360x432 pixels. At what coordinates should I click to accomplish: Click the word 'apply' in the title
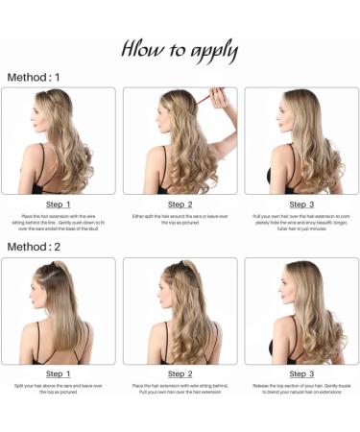pos(205,51)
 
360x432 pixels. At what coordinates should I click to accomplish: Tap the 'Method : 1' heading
pos(34,77)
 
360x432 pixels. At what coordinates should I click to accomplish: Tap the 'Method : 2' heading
pos(34,247)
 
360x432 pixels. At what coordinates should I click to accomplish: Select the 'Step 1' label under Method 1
pos(59,204)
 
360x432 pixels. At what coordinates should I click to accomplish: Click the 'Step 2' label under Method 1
pos(180,204)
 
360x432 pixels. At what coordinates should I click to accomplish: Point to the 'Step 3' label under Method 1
pos(301,204)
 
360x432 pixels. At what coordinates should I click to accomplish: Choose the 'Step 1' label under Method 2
pos(59,373)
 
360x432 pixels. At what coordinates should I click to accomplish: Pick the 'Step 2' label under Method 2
pos(180,373)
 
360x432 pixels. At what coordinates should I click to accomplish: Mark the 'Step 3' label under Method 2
pos(301,373)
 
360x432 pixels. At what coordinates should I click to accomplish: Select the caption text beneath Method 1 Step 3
pos(301,222)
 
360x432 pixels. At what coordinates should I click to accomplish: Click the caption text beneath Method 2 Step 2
pos(180,389)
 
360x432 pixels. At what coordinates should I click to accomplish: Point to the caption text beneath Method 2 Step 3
pos(301,389)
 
